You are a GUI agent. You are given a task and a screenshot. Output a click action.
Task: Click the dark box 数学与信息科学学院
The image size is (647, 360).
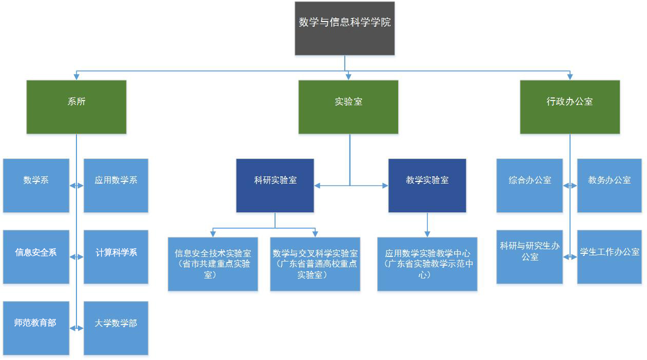pos(344,28)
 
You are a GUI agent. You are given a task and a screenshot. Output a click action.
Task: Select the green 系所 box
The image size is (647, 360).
pos(76,107)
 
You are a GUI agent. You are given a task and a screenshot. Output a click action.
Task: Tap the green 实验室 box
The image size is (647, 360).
pos(348,107)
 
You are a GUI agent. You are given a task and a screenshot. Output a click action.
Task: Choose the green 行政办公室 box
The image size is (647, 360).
pos(570,107)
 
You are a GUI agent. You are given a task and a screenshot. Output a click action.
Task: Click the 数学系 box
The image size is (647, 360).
pos(36,185)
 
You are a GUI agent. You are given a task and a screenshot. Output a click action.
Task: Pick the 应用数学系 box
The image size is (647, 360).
pos(116,185)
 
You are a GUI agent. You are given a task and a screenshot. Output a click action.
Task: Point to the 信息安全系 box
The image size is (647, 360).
pos(36,256)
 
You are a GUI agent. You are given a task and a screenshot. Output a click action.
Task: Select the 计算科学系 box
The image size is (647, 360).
pos(116,256)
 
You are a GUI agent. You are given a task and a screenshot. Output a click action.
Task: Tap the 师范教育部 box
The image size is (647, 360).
pos(36,328)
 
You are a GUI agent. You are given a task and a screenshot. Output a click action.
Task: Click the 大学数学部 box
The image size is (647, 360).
pos(116,328)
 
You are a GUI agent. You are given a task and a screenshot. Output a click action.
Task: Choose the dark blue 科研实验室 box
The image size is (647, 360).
pos(275,185)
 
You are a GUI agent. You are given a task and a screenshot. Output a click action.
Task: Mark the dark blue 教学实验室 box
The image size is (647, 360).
pos(427,185)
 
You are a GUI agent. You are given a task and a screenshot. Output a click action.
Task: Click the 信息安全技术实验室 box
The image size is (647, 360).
pos(213,264)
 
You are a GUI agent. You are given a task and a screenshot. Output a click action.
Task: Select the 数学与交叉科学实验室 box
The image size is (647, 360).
pos(315,264)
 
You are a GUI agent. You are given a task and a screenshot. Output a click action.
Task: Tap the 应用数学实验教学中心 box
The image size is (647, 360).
pos(427,264)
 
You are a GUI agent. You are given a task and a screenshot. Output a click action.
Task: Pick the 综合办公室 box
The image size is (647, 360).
pos(530,185)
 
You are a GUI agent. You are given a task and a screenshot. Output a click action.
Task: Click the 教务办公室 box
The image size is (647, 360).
pos(609,185)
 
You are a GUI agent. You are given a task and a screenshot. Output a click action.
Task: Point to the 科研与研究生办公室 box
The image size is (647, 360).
pos(530,256)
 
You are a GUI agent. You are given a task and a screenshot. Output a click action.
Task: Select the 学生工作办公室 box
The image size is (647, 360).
pos(609,256)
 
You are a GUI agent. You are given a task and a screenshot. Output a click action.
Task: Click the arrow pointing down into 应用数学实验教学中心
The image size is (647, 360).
pos(427,233)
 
